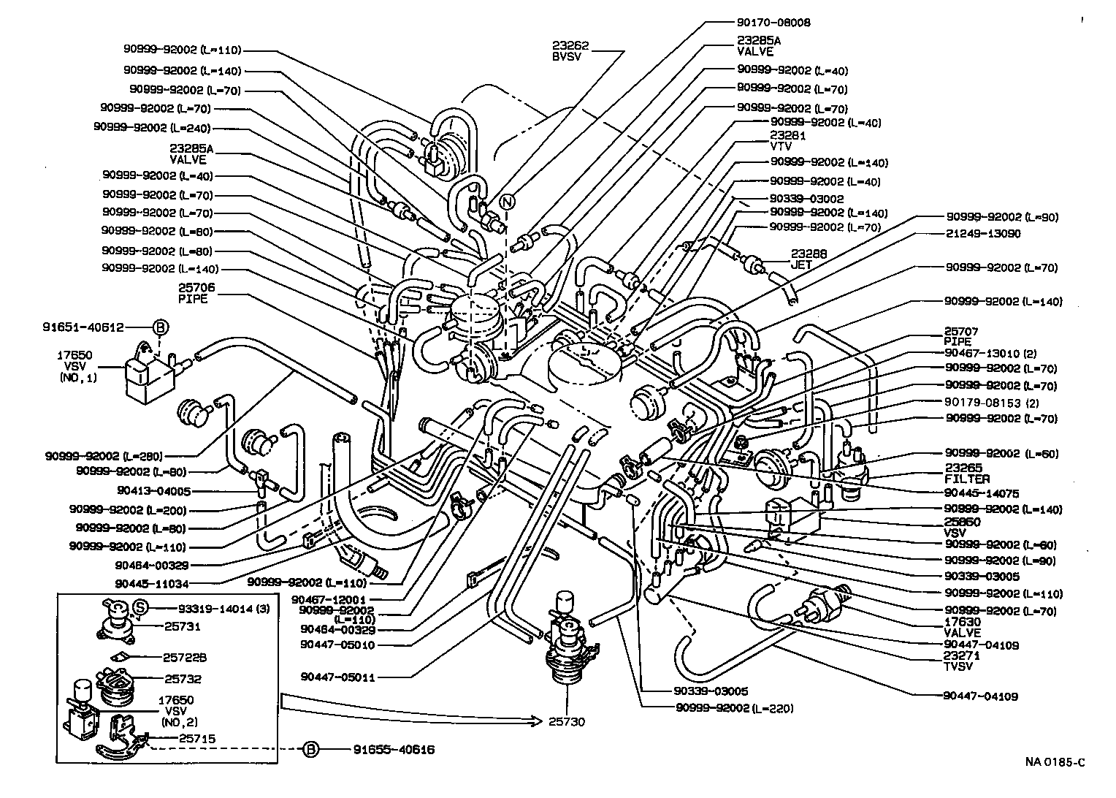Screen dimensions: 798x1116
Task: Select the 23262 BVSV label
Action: point(571,51)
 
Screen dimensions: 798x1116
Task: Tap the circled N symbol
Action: point(508,202)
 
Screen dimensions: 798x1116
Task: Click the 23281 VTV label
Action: point(787,141)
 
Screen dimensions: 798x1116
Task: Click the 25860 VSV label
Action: point(963,528)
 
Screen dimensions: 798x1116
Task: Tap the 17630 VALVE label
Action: point(962,628)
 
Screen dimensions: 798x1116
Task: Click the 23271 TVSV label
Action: point(962,661)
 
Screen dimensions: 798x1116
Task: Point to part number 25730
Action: point(567,722)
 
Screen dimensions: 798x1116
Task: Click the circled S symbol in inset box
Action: point(141,607)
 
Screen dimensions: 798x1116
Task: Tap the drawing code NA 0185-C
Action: point(1054,762)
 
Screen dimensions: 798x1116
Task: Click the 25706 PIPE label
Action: point(193,294)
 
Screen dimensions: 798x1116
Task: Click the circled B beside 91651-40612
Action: point(161,328)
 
